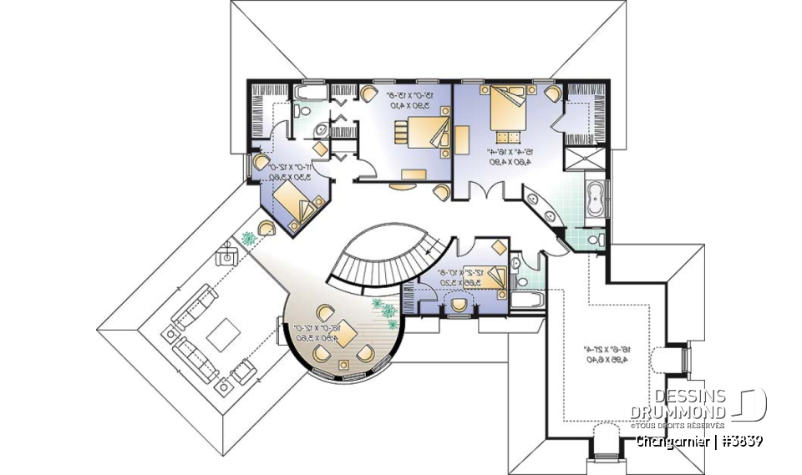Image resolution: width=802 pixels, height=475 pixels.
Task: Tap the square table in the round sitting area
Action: click(x=343, y=364)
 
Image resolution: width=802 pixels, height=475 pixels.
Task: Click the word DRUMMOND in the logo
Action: click(x=679, y=412)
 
